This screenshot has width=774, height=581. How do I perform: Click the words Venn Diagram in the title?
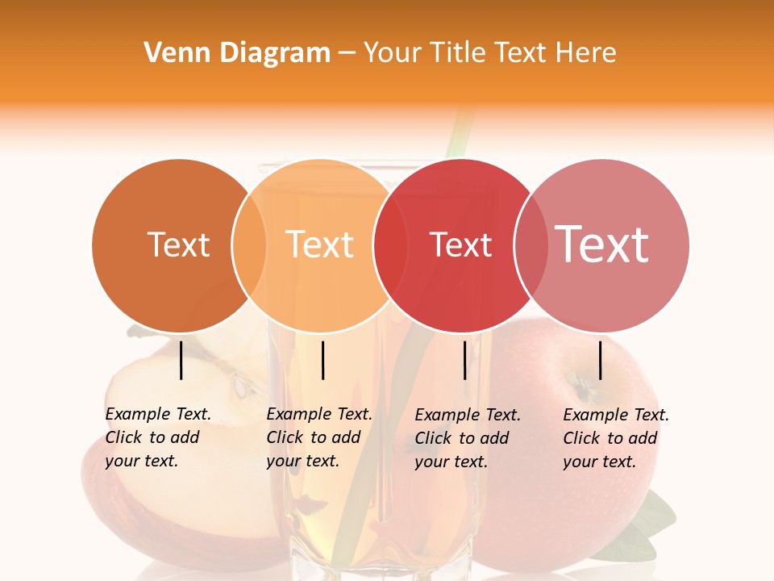(x=237, y=53)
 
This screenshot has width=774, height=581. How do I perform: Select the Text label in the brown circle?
(x=178, y=245)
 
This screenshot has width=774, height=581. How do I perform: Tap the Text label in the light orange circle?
(x=320, y=245)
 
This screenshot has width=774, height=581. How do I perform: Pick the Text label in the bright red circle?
(x=460, y=245)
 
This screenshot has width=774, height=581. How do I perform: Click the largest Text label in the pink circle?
(x=602, y=244)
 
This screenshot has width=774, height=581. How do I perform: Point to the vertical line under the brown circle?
(x=181, y=360)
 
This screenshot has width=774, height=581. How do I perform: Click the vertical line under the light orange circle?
(x=322, y=360)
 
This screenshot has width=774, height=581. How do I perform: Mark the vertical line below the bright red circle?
(x=465, y=360)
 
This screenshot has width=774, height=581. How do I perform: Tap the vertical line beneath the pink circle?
(x=601, y=360)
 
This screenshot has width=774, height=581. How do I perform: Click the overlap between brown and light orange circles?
(x=249, y=245)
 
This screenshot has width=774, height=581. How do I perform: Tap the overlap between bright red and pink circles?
(x=528, y=245)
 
